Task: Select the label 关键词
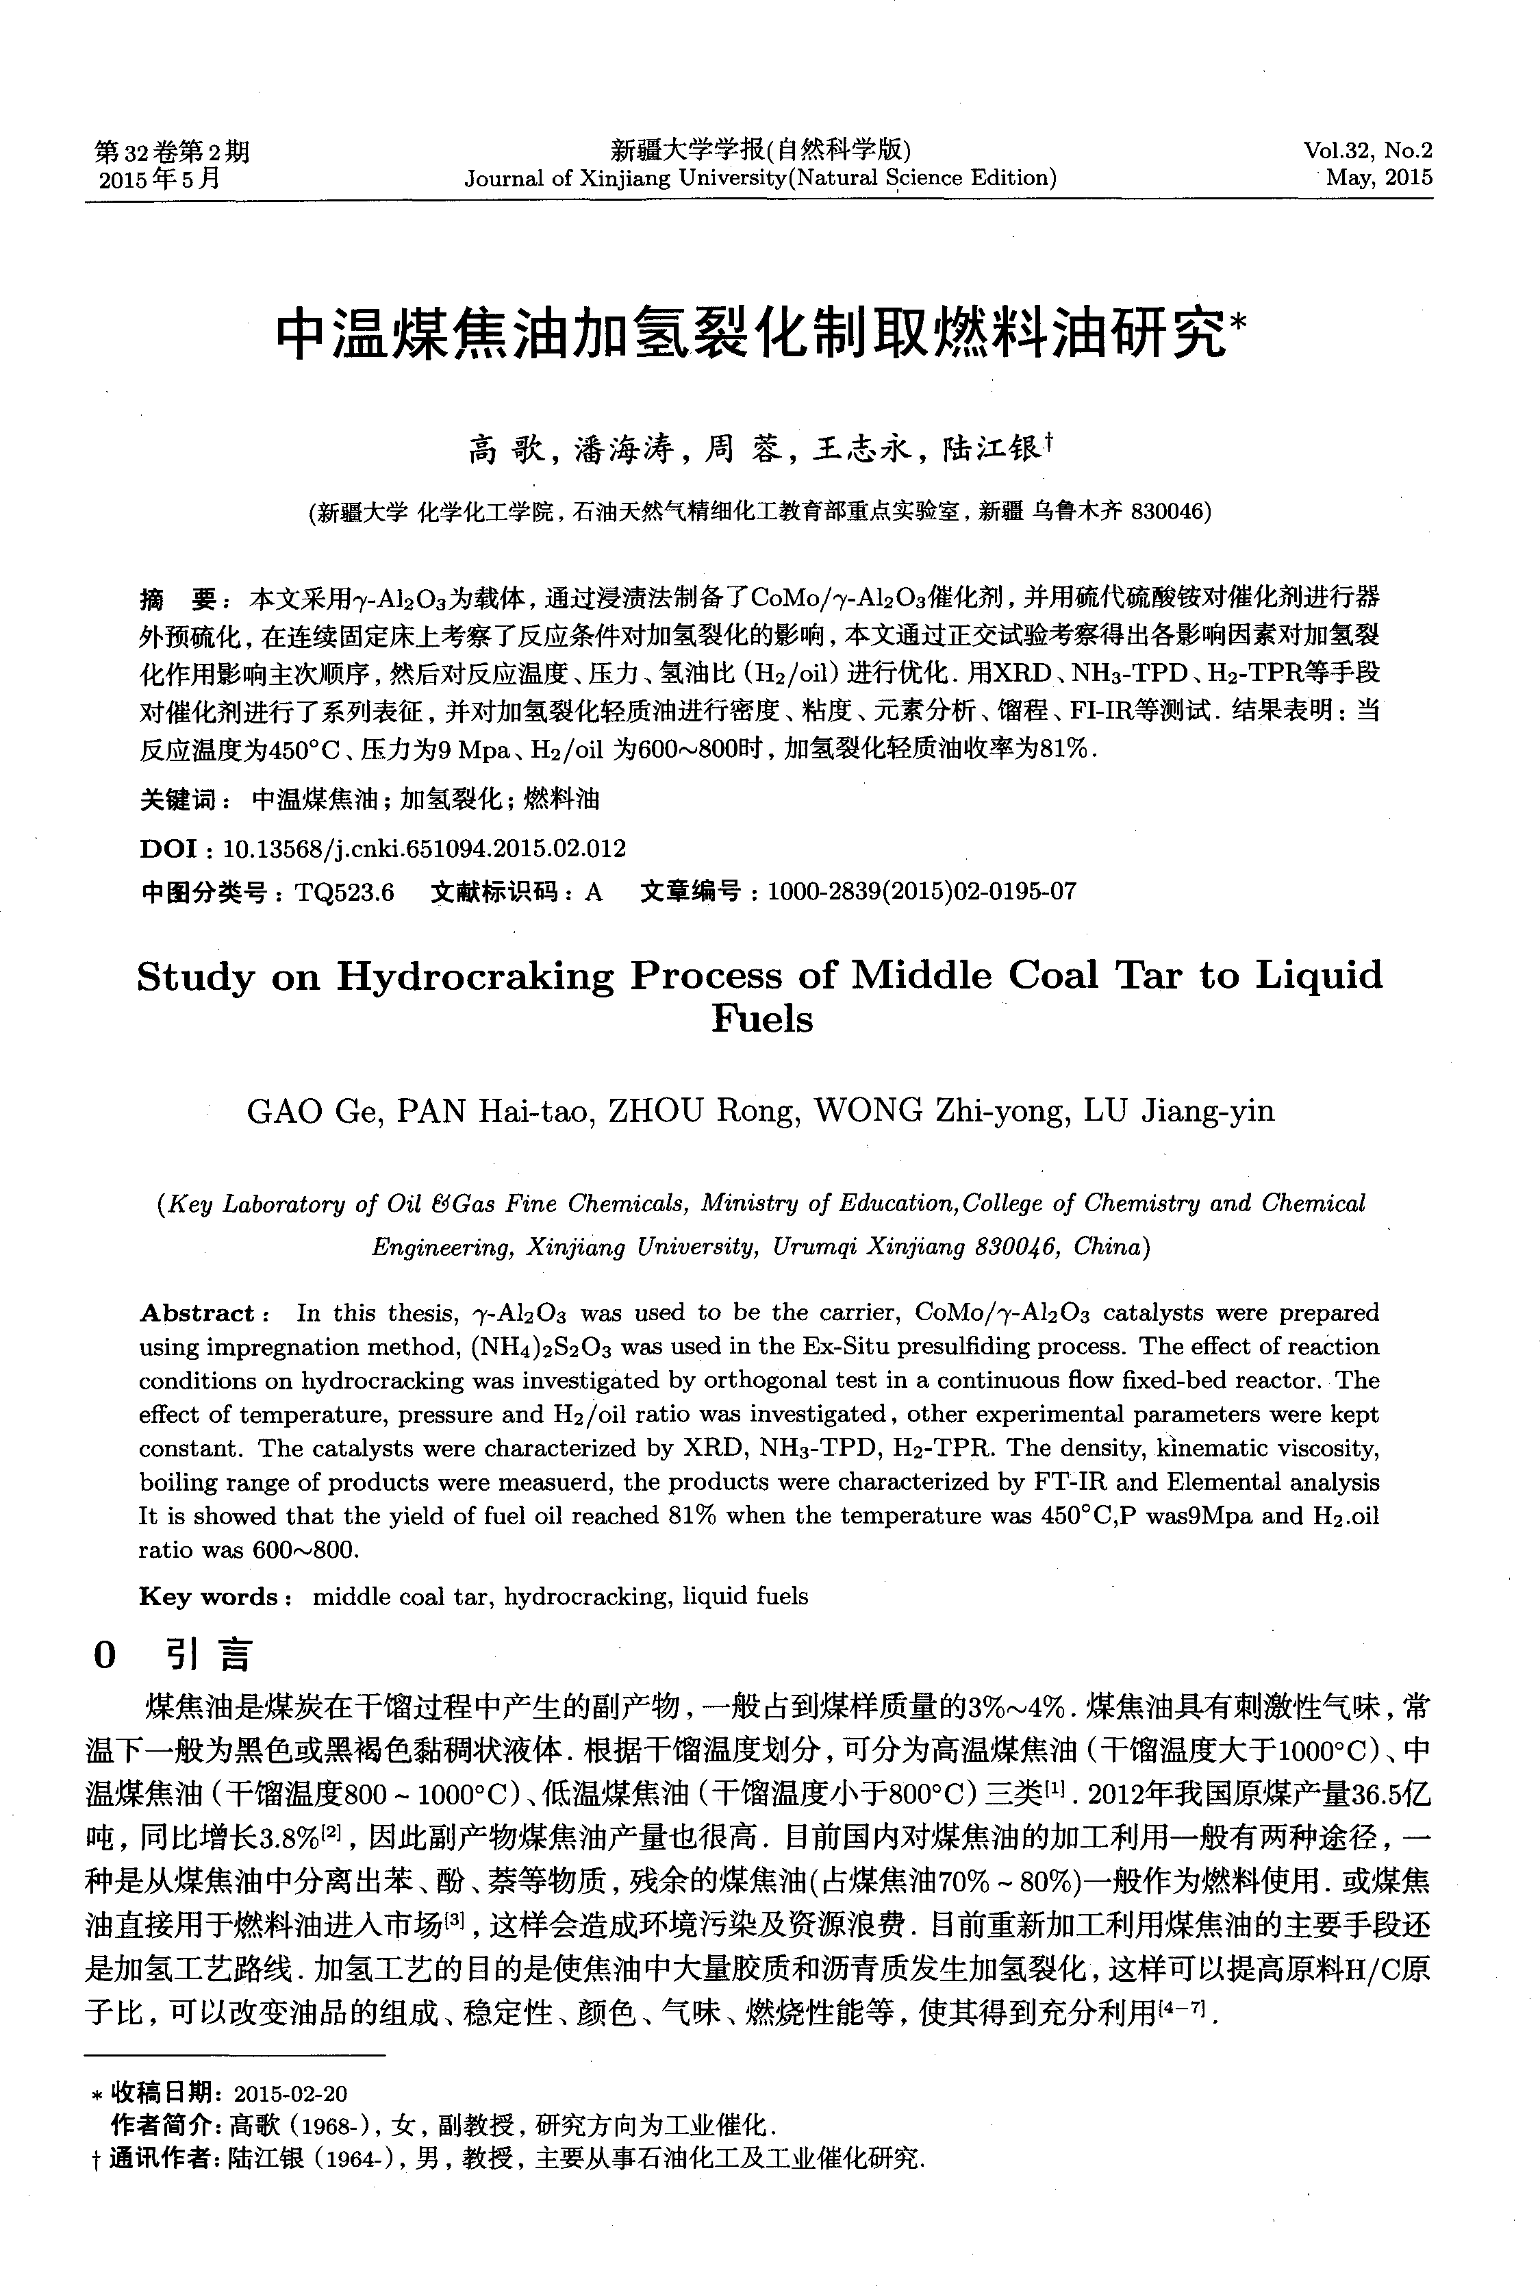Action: click(181, 799)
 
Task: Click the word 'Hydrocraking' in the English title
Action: click(475, 976)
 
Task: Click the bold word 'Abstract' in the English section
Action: click(197, 1313)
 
